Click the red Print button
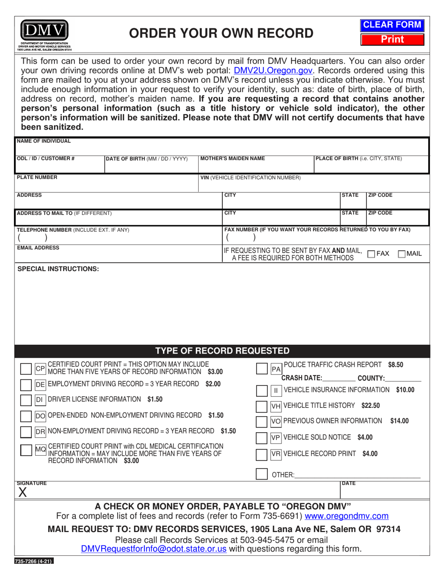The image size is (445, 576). click(x=392, y=40)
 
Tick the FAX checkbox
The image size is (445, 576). click(x=371, y=254)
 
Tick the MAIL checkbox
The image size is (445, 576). click(x=401, y=254)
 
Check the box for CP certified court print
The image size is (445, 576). click(x=27, y=369)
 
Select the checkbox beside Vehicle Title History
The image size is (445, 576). click(x=262, y=406)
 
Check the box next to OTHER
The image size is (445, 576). click(x=262, y=474)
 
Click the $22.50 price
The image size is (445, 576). click(x=371, y=406)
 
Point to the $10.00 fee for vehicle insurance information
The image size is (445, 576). click(x=405, y=390)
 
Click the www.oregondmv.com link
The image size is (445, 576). click(x=346, y=516)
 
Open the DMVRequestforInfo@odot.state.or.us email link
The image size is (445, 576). click(x=154, y=548)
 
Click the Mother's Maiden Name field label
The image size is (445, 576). click(x=232, y=158)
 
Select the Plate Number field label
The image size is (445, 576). click(x=37, y=177)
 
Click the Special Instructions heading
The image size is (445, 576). click(x=58, y=269)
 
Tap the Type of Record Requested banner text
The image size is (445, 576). click(x=222, y=351)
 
